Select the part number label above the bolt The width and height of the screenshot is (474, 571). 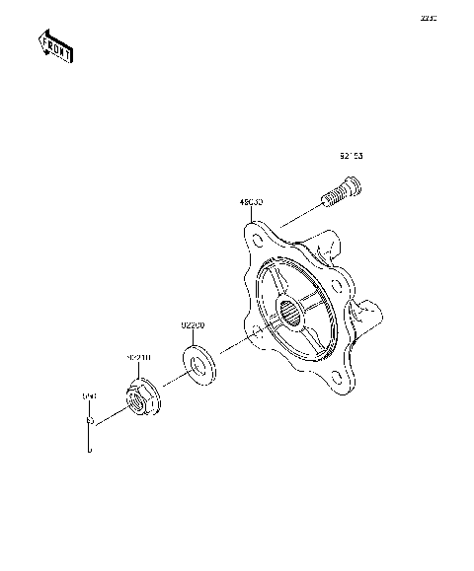(x=351, y=156)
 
